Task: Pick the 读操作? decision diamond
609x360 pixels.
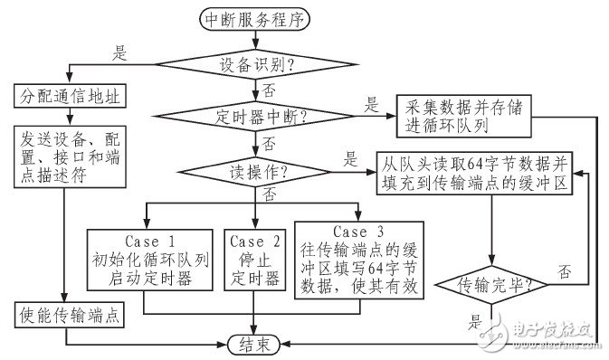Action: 258,169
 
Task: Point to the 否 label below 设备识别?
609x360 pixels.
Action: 268,90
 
